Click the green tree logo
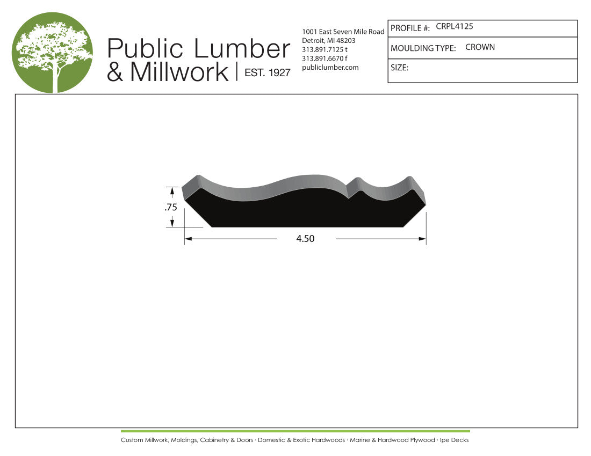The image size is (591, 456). coord(53,53)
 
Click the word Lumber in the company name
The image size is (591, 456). coord(242,48)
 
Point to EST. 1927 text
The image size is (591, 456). coord(268,72)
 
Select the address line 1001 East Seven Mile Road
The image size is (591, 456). coord(343,32)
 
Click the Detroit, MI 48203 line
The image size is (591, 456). coord(329,41)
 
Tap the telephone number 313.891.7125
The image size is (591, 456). coord(322,50)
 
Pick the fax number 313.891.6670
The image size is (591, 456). coord(322,58)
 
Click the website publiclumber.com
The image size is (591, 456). coord(330,68)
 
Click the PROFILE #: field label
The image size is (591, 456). coord(410,28)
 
